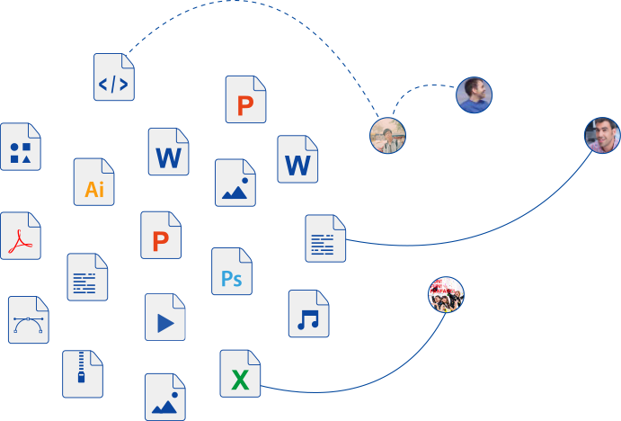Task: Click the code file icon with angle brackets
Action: tap(113, 77)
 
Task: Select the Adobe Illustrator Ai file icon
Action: tap(94, 182)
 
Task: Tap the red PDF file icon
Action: tap(21, 236)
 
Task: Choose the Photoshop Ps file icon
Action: tap(232, 272)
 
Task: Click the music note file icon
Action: tap(308, 314)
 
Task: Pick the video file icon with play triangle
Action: tap(165, 317)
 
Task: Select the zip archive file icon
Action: tap(83, 374)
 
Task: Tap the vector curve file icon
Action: tap(28, 320)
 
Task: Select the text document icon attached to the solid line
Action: tap(325, 238)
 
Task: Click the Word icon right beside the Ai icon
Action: tap(169, 152)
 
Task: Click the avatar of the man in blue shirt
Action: tap(474, 94)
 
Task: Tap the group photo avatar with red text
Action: tap(446, 295)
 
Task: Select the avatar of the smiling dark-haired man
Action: tap(601, 135)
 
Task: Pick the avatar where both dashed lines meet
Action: tap(388, 136)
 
